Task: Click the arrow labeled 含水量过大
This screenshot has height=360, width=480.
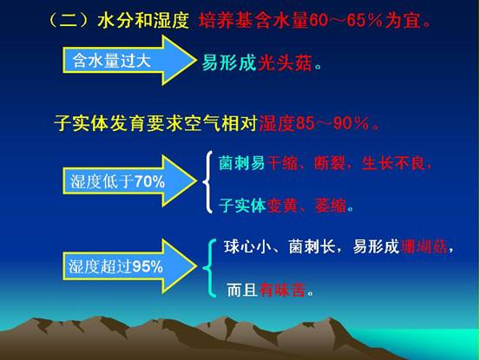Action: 128,60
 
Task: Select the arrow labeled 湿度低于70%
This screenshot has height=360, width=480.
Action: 128,180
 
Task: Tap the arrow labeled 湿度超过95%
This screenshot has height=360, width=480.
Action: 128,266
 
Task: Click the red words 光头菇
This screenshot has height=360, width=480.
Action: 285,63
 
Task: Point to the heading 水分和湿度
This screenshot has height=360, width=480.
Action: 143,21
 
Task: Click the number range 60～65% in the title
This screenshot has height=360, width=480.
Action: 345,21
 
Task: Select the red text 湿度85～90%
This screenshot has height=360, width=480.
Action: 313,123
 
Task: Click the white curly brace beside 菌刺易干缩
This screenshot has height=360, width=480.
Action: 208,181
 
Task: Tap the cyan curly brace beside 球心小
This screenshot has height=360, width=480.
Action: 210,268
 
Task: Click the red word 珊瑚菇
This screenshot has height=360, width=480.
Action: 424,246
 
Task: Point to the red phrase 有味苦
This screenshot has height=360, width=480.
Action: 282,290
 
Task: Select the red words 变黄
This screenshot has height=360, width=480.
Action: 281,206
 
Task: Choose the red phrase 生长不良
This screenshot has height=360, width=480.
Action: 393,163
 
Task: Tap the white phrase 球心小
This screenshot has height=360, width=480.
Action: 247,246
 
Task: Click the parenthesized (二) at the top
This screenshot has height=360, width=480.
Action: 69,21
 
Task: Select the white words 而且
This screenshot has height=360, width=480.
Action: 242,290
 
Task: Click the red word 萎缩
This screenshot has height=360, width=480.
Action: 331,206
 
